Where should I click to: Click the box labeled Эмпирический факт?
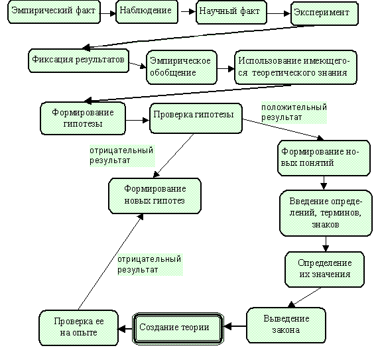tap(54, 12)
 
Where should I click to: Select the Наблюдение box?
tap(147, 12)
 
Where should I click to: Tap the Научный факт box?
tap(231, 12)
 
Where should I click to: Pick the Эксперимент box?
tap(324, 13)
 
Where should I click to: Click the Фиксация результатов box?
tap(78, 60)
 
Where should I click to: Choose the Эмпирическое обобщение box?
tap(182, 68)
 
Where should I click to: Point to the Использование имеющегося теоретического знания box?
tap(296, 68)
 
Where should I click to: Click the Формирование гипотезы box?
tap(83, 118)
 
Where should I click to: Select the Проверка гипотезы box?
tap(196, 118)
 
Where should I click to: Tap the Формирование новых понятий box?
tap(324, 158)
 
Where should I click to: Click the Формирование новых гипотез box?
tap(155, 196)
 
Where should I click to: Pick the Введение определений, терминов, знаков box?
tap(326, 213)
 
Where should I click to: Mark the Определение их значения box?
tap(325, 269)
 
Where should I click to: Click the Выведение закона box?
tap(286, 325)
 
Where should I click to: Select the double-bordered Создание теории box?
tap(178, 328)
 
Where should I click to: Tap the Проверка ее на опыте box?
tap(78, 328)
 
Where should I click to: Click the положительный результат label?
tap(294, 113)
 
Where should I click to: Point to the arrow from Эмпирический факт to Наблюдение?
tap(108, 13)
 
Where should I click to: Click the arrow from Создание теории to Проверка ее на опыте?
tap(125, 329)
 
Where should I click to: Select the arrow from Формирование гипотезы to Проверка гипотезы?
tap(138, 120)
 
